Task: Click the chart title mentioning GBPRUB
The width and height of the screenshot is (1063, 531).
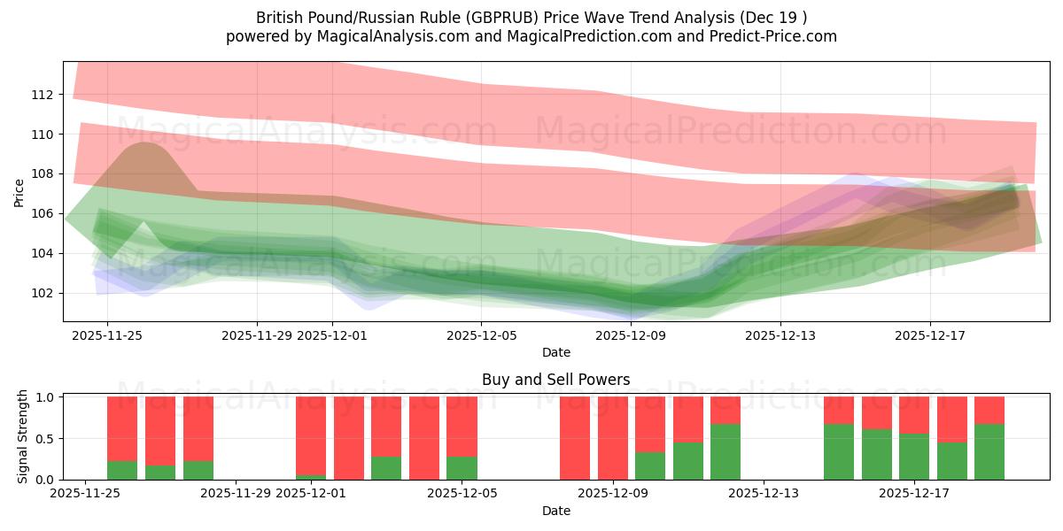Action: point(531,17)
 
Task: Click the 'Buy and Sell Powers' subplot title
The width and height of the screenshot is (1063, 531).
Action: point(555,380)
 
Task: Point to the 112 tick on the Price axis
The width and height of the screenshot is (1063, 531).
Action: point(43,95)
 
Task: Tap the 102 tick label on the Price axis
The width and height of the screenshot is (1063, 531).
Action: point(43,293)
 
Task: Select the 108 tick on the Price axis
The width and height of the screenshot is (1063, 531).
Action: point(43,173)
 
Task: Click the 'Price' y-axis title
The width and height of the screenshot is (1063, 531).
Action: point(19,192)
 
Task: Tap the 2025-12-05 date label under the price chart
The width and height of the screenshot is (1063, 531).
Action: point(481,335)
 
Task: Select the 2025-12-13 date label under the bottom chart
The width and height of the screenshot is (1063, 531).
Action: point(764,493)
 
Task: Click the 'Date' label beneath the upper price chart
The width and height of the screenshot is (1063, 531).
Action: point(555,352)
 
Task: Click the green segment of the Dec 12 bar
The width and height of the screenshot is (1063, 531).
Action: point(725,452)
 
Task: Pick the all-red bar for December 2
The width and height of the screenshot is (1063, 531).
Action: point(349,438)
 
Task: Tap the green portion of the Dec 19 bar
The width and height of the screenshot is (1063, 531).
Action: point(989,452)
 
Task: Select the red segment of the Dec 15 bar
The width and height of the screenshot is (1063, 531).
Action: point(839,410)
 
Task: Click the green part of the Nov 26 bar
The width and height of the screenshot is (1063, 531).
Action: point(122,470)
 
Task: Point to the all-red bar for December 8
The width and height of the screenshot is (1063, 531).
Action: point(575,438)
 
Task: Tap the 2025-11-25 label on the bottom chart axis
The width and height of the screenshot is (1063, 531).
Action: point(85,493)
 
